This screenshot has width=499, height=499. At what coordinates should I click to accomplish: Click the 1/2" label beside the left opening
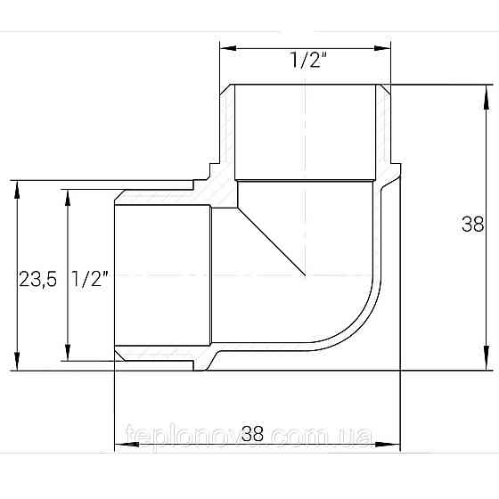pos(89,279)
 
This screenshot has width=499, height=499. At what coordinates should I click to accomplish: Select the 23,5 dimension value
pos(37,279)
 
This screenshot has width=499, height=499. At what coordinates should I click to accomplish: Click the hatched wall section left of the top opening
pos(227,134)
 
